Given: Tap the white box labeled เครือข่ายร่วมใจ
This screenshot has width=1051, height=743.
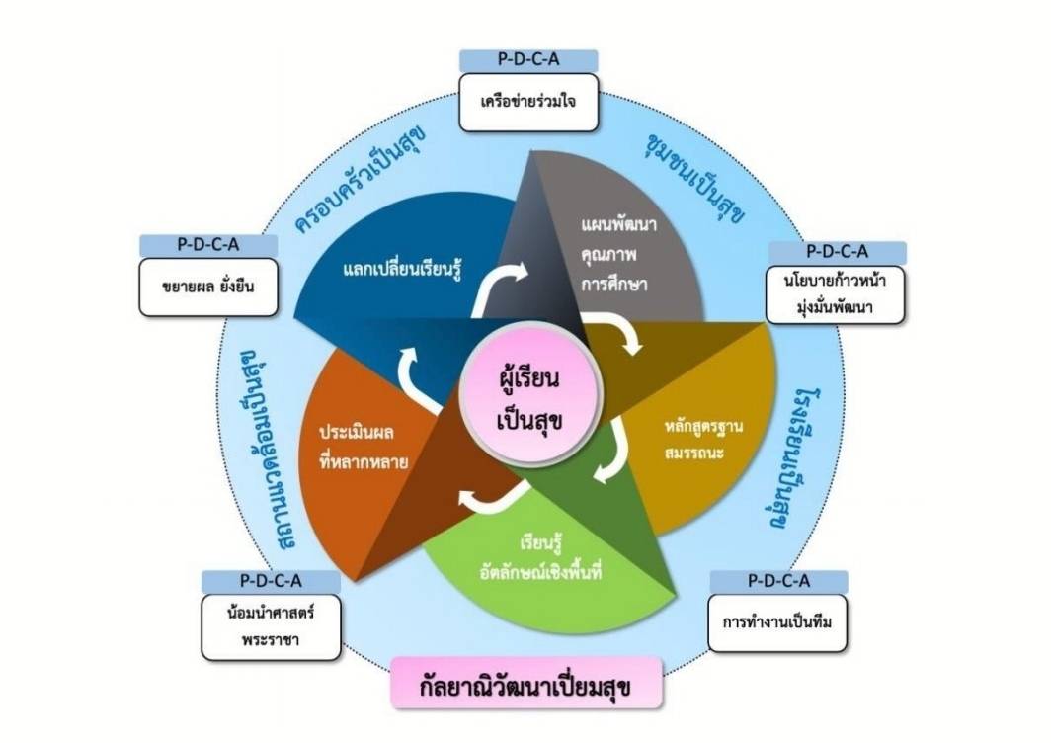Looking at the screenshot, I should pyautogui.click(x=528, y=102).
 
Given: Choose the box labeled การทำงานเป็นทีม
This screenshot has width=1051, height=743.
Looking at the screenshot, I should pyautogui.click(x=778, y=622).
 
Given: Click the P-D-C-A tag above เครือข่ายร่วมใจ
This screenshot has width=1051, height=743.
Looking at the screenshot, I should pyautogui.click(x=528, y=59).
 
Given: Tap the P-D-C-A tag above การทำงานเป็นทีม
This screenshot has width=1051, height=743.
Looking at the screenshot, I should pyautogui.click(x=778, y=580).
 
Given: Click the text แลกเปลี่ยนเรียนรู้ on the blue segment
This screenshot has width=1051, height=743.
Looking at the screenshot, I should pyautogui.click(x=404, y=267).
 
